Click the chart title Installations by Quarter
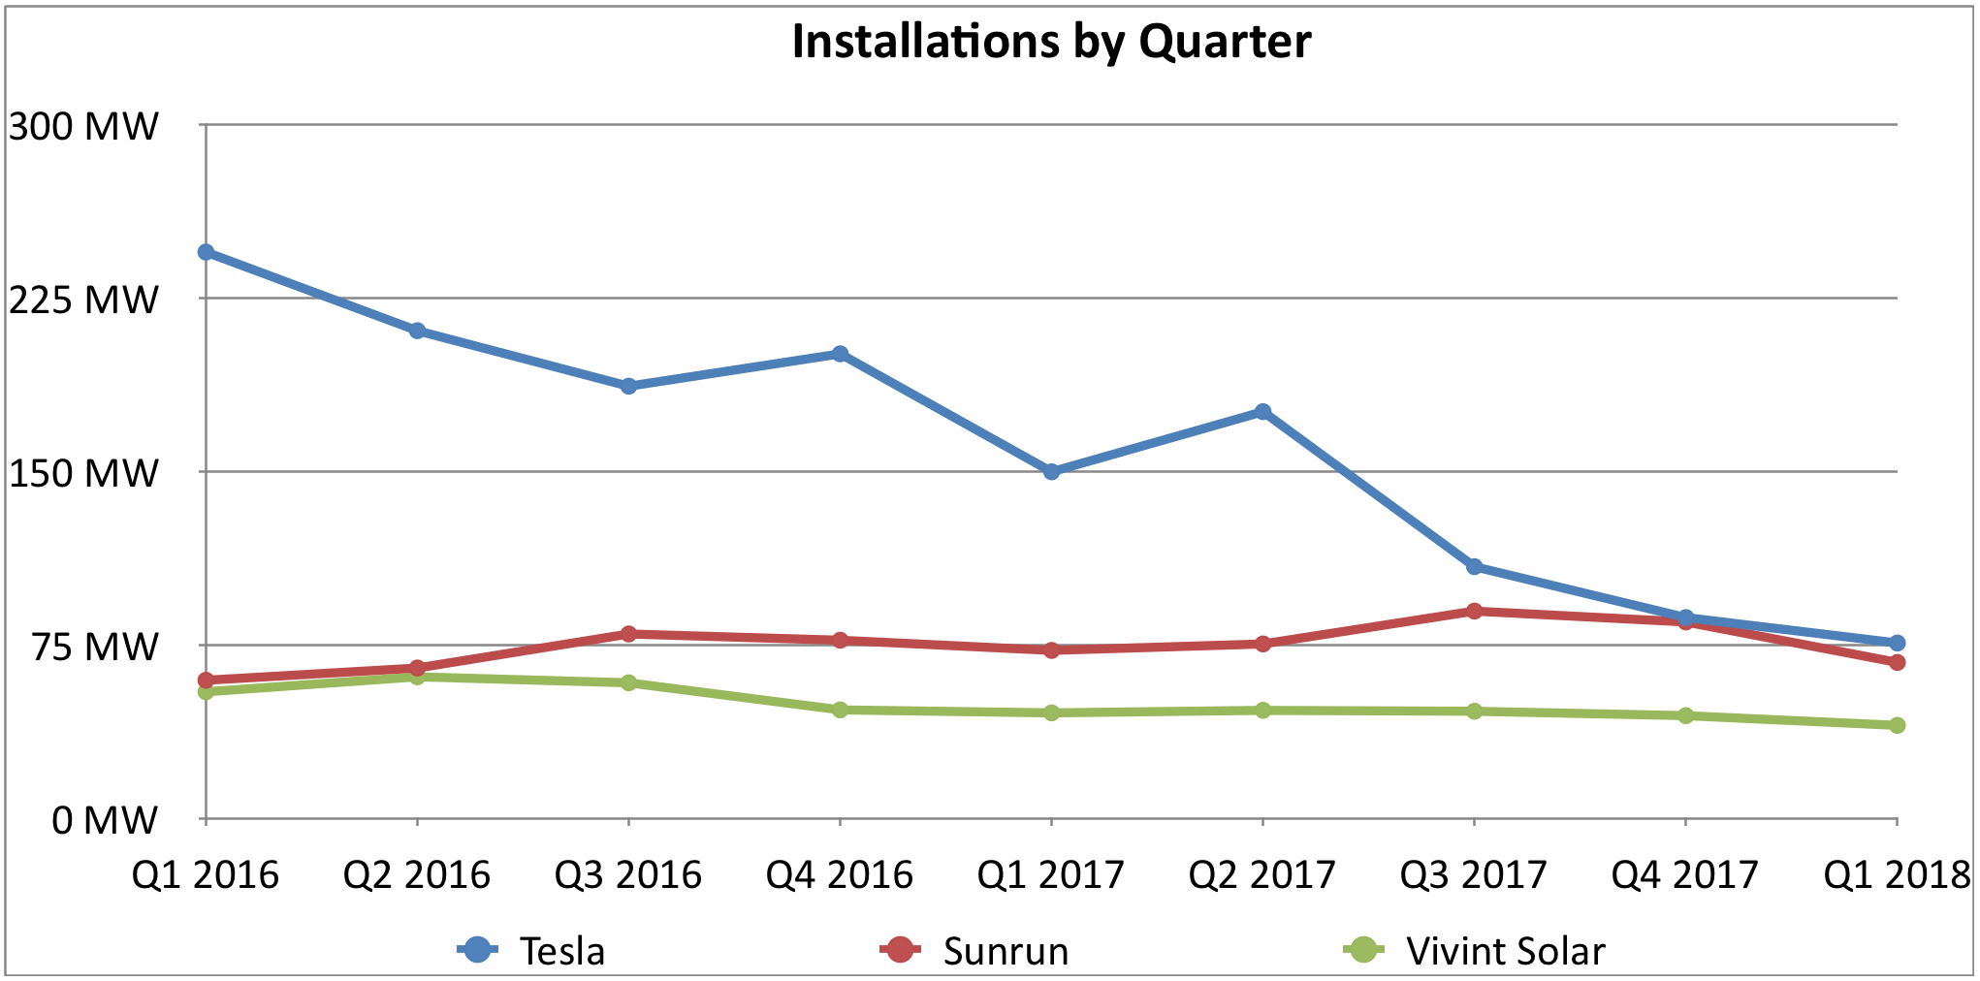click(x=1051, y=42)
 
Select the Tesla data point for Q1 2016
click(x=206, y=252)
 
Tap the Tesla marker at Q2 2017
click(x=1262, y=412)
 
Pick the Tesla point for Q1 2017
click(x=1051, y=471)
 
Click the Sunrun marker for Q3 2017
click(x=1474, y=611)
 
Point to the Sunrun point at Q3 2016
click(x=628, y=634)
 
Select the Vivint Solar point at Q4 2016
click(x=840, y=710)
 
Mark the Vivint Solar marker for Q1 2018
click(x=1897, y=725)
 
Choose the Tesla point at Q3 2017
click(x=1474, y=566)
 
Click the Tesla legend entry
click(x=533, y=951)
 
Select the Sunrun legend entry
click(x=974, y=951)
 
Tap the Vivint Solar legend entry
click(x=1474, y=951)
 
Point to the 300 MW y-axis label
click(x=83, y=126)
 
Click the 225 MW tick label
click(x=83, y=300)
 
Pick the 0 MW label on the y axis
click(x=104, y=820)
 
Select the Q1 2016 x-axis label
click(x=206, y=875)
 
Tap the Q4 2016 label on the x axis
click(x=840, y=875)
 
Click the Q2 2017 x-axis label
click(x=1262, y=875)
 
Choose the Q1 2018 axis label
click(x=1897, y=875)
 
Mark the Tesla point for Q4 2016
click(x=840, y=354)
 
